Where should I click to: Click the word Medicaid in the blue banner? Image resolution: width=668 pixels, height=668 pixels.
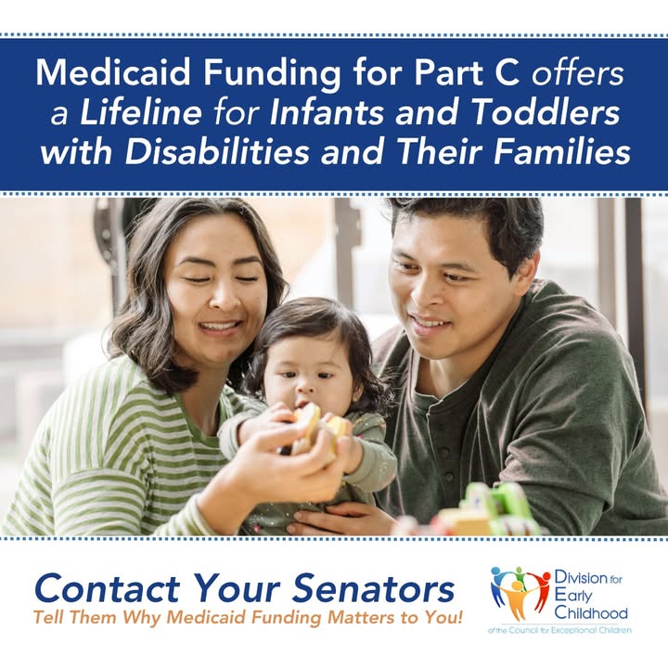[x=113, y=72]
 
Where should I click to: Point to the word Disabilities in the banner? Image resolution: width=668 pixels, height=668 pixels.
[x=217, y=152]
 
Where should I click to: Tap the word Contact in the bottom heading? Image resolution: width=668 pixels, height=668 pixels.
[x=107, y=589]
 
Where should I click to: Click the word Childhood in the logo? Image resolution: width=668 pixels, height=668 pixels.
[x=591, y=613]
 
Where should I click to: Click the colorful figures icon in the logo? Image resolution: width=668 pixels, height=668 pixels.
[x=520, y=593]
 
